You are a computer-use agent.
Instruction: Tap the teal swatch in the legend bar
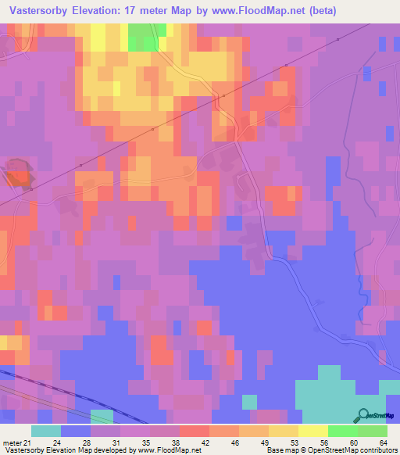pos(46,431)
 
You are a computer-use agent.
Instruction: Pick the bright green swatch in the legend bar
pos(342,431)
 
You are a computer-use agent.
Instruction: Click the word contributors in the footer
pos(374,450)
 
